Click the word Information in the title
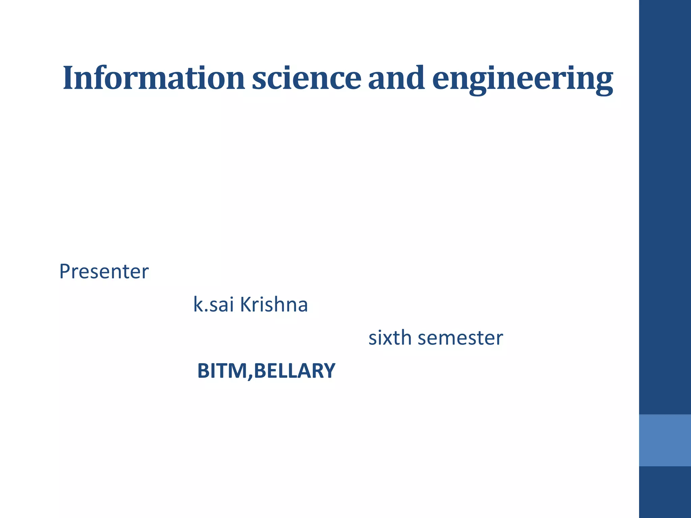[154, 78]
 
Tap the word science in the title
[306, 78]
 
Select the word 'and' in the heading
[396, 78]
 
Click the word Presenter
[104, 271]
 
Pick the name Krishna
[274, 305]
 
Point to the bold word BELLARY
[295, 371]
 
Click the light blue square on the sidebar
[665, 440]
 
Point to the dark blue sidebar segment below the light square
[665, 492]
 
